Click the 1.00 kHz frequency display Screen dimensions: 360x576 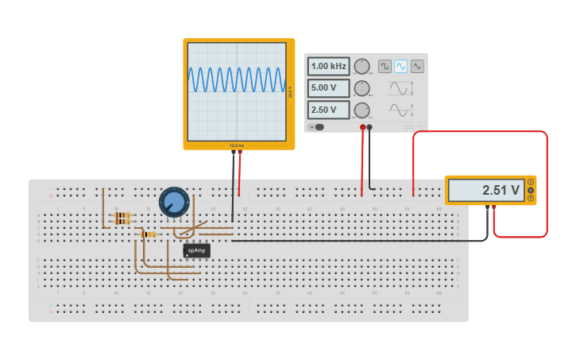[329, 66]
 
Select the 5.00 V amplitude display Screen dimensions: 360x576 [329, 88]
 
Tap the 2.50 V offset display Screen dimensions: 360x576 [329, 110]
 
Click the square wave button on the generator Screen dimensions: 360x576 [385, 66]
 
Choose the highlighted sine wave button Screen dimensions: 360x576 [401, 66]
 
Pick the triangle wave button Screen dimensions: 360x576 [417, 66]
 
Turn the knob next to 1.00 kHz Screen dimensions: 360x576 [362, 66]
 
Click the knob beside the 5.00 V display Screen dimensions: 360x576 [362, 88]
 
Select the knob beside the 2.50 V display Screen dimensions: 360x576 [362, 110]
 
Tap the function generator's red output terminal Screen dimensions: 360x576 [362, 127]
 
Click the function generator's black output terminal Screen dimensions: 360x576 [369, 127]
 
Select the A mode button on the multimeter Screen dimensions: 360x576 [531, 182]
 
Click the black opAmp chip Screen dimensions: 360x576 [196, 250]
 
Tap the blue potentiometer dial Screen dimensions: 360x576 [173, 202]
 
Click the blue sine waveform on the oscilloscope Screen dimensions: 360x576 [236, 79]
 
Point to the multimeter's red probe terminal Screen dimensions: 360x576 [494, 207]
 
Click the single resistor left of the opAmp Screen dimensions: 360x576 [148, 234]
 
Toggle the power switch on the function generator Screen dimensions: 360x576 [319, 127]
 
